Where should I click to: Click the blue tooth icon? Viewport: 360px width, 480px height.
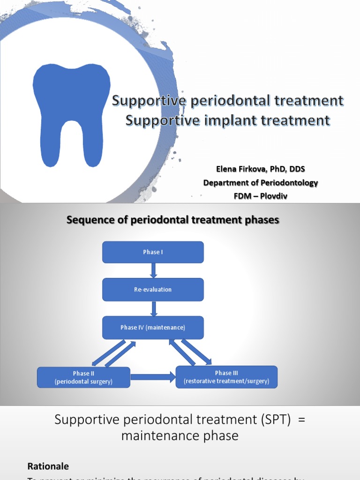[x=71, y=112]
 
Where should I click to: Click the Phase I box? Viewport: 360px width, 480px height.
[x=153, y=252]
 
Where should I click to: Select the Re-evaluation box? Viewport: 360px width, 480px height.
[x=153, y=290]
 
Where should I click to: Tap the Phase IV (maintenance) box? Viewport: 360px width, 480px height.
[x=153, y=328]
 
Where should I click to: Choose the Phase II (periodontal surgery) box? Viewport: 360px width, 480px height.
[x=83, y=377]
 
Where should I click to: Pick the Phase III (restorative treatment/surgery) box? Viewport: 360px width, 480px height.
[x=226, y=377]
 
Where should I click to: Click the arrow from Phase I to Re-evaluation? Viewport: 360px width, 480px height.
[x=153, y=270]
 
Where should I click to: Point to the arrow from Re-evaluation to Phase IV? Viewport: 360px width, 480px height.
[x=153, y=308]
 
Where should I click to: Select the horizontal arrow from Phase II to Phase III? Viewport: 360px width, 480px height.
[x=152, y=376]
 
